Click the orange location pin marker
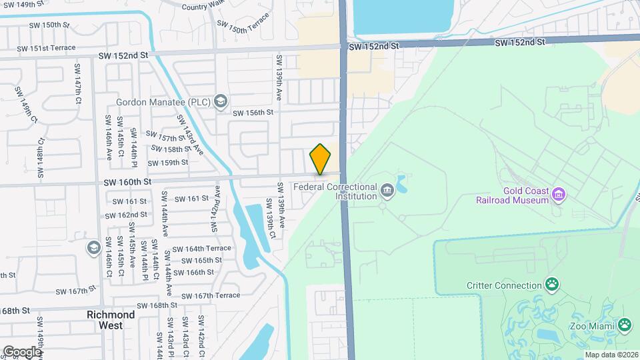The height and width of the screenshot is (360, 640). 320,159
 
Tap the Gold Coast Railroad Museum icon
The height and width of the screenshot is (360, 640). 559,195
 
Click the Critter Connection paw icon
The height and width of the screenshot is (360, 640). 552,285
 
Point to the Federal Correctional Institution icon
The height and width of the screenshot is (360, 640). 387,192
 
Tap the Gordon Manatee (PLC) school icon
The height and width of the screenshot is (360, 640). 221,102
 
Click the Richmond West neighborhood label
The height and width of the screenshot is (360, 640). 111,320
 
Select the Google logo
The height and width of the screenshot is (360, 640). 22,351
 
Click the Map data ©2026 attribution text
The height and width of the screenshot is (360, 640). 611,355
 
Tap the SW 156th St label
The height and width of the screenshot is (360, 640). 253,113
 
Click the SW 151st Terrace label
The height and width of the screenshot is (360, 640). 47,48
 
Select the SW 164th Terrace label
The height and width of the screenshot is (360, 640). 201,248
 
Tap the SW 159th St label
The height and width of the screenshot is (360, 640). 168,163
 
